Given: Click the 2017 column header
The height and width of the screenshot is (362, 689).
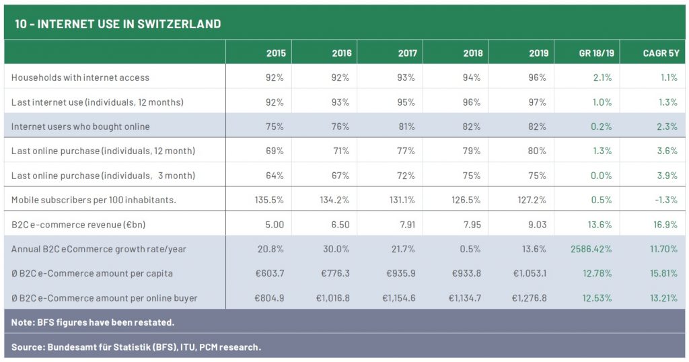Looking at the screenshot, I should click(407, 53).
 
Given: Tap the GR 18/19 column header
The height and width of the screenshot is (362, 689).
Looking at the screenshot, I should click(595, 53).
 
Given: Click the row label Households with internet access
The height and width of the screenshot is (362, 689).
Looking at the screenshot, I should click(80, 77).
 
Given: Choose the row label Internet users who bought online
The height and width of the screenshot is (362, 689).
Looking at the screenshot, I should click(80, 126).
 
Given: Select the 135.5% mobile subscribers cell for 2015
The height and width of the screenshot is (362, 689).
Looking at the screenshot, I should click(270, 200).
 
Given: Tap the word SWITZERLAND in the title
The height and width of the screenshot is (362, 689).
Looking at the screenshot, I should click(179, 24).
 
